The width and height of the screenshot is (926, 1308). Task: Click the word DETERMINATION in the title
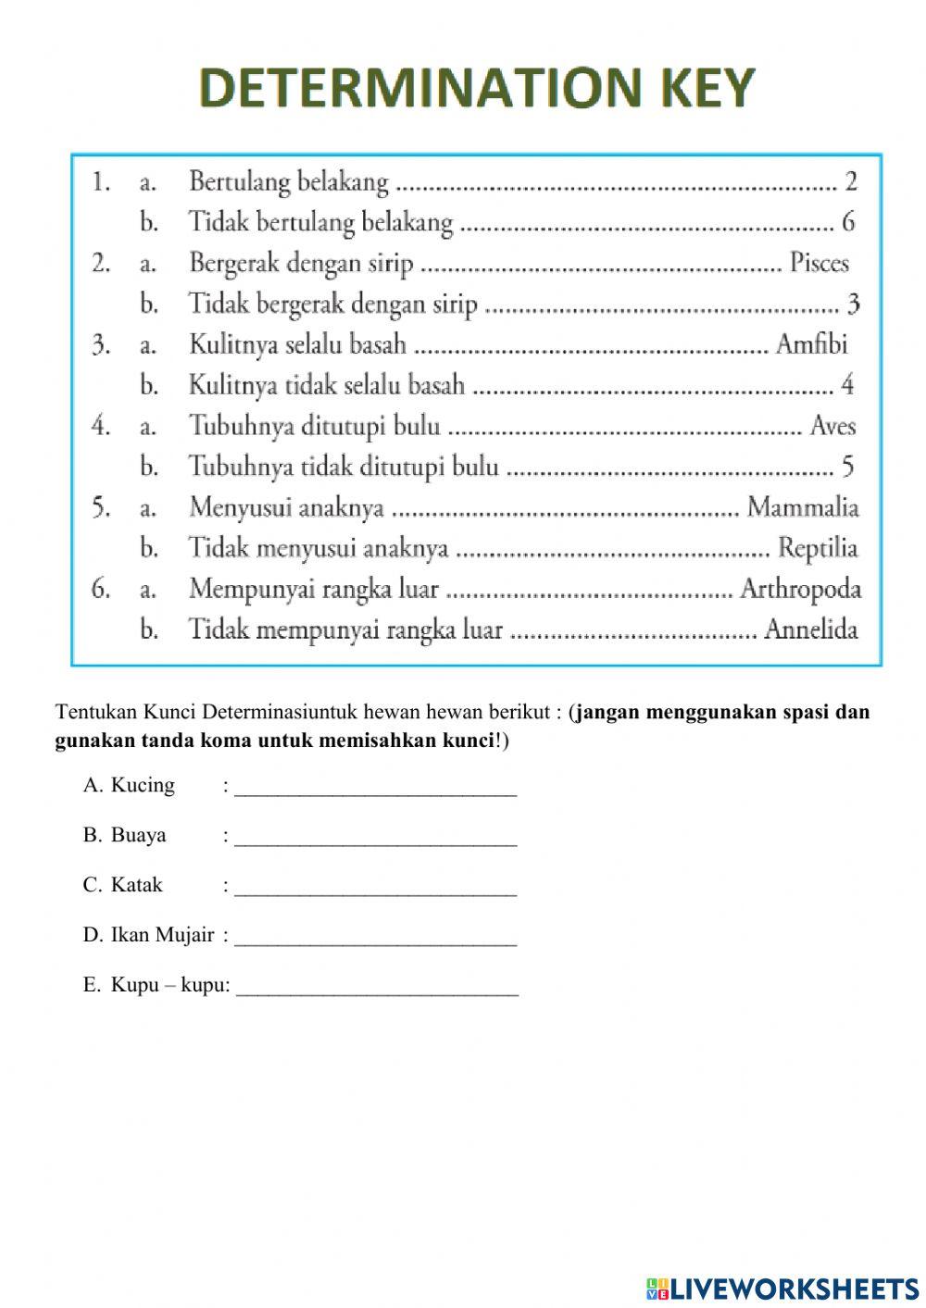click(x=408, y=89)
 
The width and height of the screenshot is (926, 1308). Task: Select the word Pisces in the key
click(x=819, y=263)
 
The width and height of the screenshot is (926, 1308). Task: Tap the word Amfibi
click(x=811, y=344)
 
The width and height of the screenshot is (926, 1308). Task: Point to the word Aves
click(x=832, y=426)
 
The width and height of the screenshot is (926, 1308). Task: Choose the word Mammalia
click(x=803, y=507)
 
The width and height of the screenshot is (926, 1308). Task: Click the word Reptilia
click(x=818, y=548)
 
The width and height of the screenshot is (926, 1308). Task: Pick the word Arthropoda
click(x=800, y=589)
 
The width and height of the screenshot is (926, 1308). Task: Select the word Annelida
click(x=811, y=629)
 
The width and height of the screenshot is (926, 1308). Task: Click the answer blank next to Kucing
click(x=376, y=787)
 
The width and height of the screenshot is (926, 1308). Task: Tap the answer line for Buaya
click(x=376, y=837)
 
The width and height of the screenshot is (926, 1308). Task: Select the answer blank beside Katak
click(x=376, y=887)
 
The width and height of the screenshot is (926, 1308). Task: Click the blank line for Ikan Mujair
click(x=376, y=937)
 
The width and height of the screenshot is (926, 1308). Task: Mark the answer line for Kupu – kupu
click(x=377, y=987)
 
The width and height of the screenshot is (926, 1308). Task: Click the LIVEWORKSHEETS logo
click(x=782, y=1288)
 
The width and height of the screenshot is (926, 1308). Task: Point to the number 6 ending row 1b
click(x=848, y=222)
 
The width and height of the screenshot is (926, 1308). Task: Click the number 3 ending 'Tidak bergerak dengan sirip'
click(x=853, y=304)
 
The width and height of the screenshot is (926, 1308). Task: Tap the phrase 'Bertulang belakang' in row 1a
click(x=289, y=181)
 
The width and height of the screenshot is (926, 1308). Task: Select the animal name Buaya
click(x=138, y=835)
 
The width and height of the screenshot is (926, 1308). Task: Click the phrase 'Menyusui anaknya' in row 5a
click(x=286, y=507)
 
